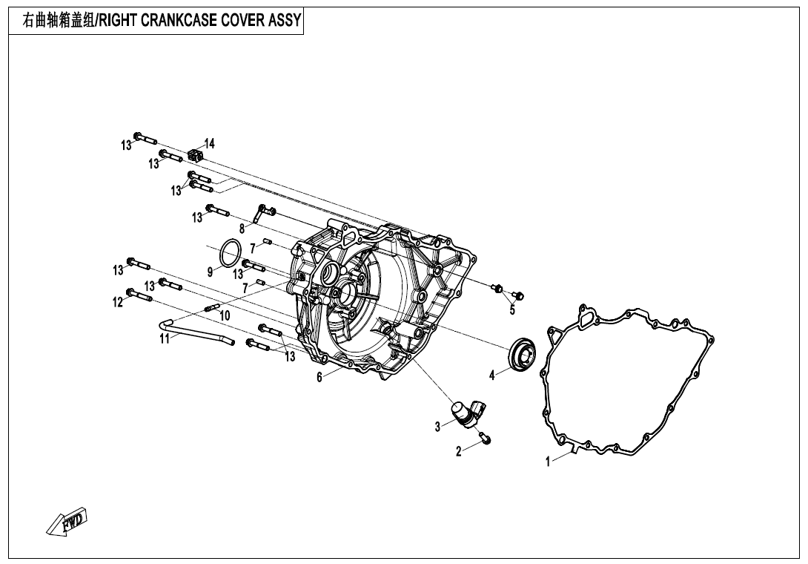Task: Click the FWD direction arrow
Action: pyautogui.click(x=67, y=522)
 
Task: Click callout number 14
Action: pyautogui.click(x=209, y=143)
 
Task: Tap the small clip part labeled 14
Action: pyautogui.click(x=196, y=155)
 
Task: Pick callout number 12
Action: pyautogui.click(x=117, y=302)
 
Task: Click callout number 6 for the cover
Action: pyautogui.click(x=319, y=377)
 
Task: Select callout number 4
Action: pyautogui.click(x=492, y=376)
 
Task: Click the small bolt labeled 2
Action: pyautogui.click(x=485, y=438)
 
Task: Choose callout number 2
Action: pyautogui.click(x=459, y=450)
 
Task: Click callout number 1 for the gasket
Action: pyautogui.click(x=549, y=462)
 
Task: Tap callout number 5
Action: pyautogui.click(x=512, y=310)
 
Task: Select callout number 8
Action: pyautogui.click(x=242, y=229)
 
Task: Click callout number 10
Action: pyautogui.click(x=225, y=315)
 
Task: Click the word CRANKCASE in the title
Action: pyautogui.click(x=182, y=20)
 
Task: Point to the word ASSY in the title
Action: pyautogui.click(x=285, y=20)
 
